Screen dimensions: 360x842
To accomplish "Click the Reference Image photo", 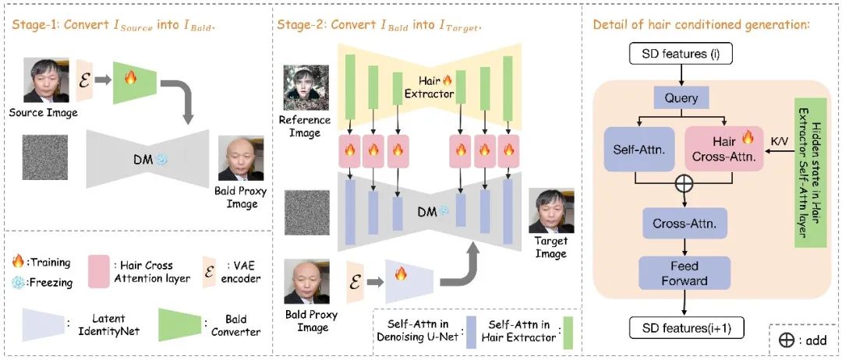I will tap(305, 89).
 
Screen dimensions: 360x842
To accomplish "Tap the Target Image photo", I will tap(551, 211).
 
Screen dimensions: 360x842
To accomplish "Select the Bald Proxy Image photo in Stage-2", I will tap(305, 284).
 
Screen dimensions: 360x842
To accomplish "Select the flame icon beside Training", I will tap(18, 263).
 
